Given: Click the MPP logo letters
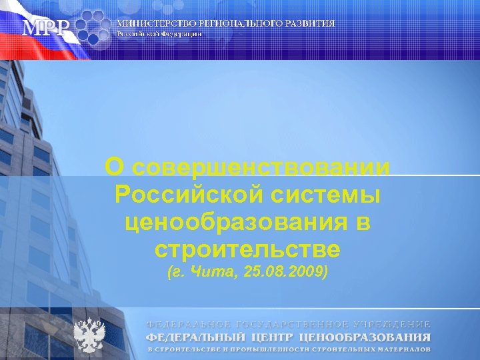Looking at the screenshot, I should click(45, 27).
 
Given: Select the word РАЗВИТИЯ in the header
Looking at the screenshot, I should click(309, 23).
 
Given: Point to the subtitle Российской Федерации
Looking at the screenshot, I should click(159, 33).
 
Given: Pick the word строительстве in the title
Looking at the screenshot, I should click(247, 250).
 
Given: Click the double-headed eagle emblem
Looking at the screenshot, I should click(88, 335).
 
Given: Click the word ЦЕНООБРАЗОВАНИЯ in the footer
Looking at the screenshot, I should click(368, 337).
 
